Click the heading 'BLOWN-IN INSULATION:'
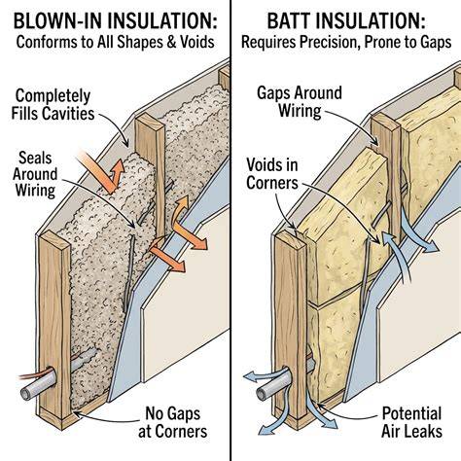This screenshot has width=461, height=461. (x=115, y=20)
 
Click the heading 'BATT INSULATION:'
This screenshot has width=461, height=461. (x=346, y=20)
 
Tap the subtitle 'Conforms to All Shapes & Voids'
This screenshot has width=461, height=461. (x=115, y=42)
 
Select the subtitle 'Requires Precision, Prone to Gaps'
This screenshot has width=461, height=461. (x=346, y=42)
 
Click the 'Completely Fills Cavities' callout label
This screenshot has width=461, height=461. (x=53, y=105)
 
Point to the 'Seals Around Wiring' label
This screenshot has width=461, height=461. (x=35, y=174)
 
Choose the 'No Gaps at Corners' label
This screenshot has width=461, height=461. (x=172, y=422)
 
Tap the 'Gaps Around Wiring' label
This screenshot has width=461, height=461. (x=300, y=102)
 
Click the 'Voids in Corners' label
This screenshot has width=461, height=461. (x=272, y=174)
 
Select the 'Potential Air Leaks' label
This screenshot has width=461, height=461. (x=411, y=422)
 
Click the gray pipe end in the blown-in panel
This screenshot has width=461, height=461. (x=26, y=394)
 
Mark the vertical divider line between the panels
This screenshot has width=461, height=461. (x=230, y=230)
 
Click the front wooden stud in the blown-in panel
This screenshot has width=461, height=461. (x=54, y=328)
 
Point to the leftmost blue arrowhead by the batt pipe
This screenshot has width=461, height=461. (x=250, y=376)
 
